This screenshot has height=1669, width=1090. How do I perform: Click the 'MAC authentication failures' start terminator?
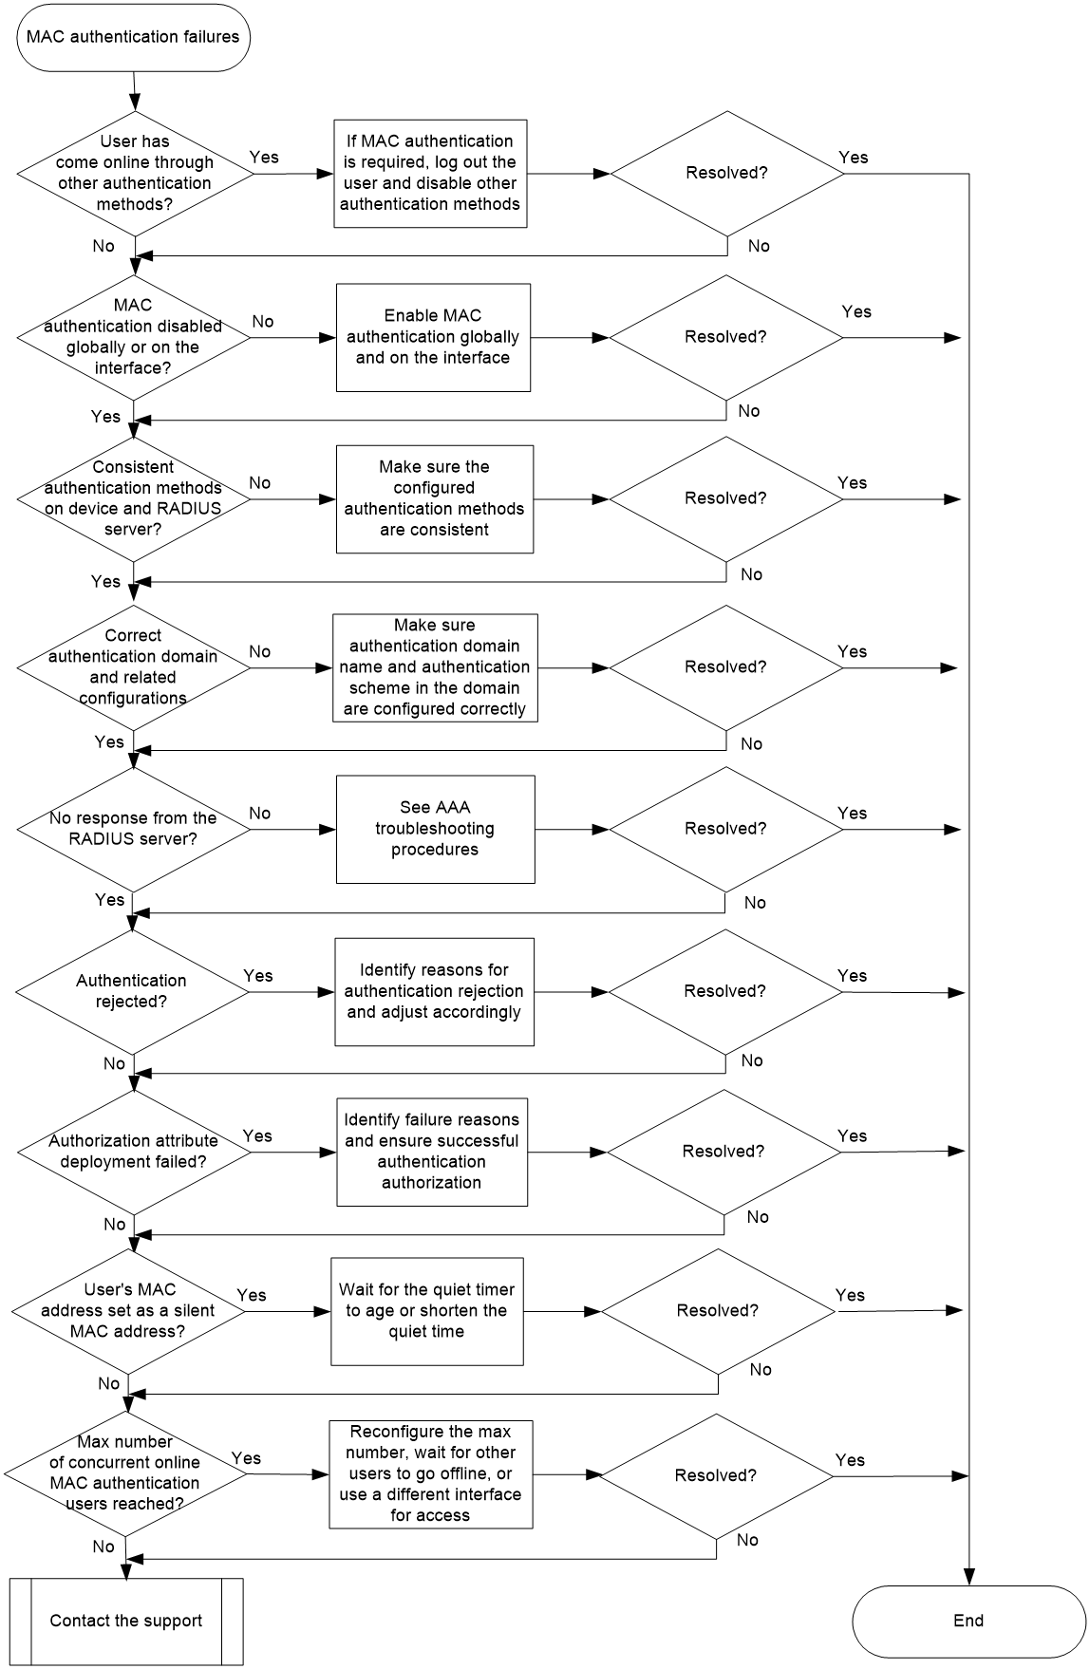(134, 37)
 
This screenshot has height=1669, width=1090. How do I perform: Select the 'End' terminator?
(968, 1621)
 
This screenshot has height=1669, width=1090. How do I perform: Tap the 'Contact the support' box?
(126, 1621)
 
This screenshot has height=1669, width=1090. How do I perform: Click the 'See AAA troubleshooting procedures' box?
(435, 829)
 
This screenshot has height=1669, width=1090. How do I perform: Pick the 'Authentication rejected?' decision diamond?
(132, 991)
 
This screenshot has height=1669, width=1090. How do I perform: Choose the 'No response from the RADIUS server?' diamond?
(134, 829)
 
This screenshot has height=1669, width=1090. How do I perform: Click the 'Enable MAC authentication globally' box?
(433, 337)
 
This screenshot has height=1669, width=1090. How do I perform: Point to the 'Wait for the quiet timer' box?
(427, 1311)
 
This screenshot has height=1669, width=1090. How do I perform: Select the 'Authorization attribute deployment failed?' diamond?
(134, 1152)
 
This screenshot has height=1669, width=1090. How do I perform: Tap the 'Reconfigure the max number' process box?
(430, 1473)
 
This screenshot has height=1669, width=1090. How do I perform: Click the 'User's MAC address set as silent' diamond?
(128, 1311)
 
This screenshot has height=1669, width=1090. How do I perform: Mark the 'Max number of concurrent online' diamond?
(124, 1473)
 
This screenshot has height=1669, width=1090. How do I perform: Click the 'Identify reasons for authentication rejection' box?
(434, 991)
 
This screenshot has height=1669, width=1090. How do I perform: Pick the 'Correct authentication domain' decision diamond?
(134, 667)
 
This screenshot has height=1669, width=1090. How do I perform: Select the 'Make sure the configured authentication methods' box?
(435, 499)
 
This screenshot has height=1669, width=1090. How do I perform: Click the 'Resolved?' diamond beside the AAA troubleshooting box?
(725, 829)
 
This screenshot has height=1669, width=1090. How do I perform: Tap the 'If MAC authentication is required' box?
(430, 173)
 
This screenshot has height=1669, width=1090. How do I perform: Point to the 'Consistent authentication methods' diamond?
(134, 498)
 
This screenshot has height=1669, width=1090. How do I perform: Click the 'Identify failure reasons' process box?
(432, 1152)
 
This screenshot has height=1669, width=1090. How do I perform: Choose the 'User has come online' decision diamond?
(135, 173)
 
